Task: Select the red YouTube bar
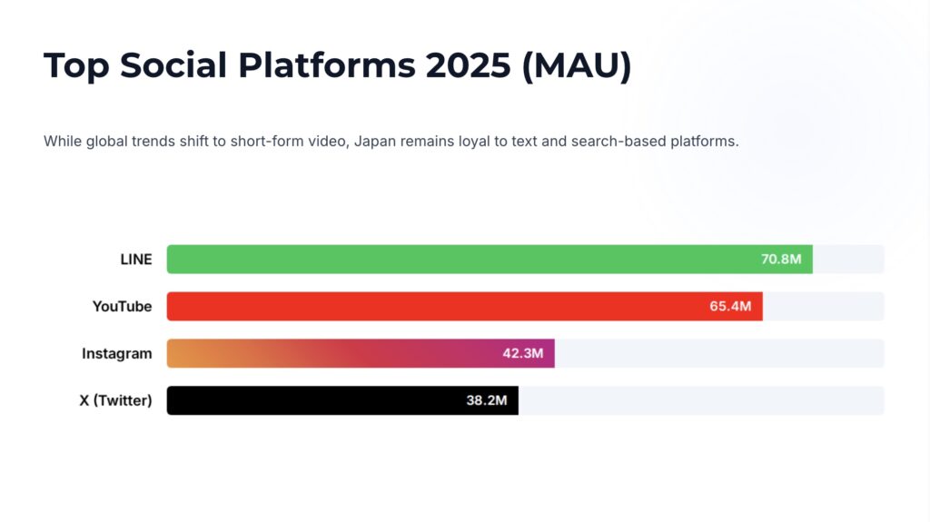coord(436,306)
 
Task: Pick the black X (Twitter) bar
coord(318,400)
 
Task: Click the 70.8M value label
coord(781,259)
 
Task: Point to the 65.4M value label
coord(730,306)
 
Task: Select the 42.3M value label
coord(522,353)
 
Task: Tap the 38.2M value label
coord(486,400)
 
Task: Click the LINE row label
coord(136,260)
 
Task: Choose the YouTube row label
coord(122,307)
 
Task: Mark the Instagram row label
coord(117,353)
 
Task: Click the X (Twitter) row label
coord(115,400)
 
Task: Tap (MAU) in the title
coord(577,66)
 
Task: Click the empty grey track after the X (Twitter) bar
coord(699,400)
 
